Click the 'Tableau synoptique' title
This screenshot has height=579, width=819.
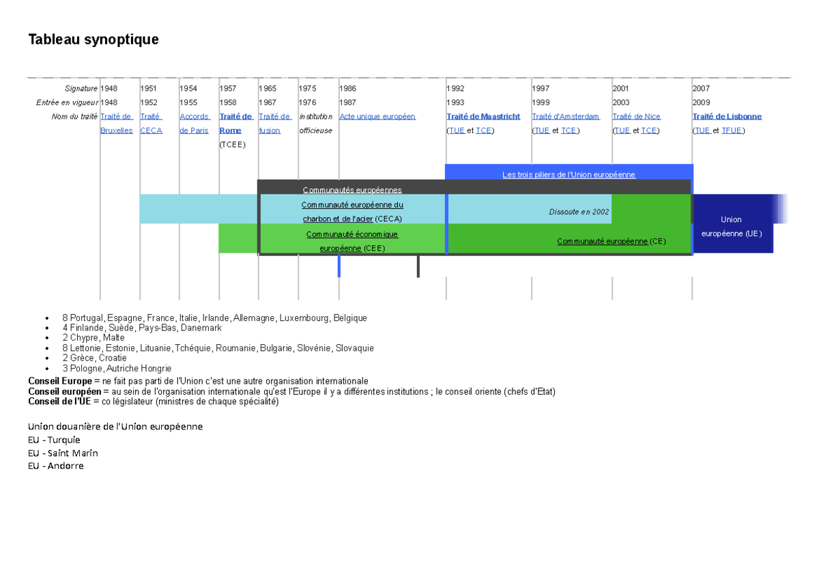coord(94,40)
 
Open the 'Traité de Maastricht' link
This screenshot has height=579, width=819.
coord(483,116)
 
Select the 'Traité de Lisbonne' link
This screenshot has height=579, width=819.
coord(727,116)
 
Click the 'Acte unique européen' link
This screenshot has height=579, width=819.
coord(377,116)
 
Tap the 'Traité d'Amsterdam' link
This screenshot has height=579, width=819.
coord(566,116)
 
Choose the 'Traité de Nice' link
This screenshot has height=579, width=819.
coord(637,116)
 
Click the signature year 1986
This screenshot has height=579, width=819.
coord(347,89)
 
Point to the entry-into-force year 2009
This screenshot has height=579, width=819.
coord(701,102)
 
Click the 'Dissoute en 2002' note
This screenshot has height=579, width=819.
coord(579,212)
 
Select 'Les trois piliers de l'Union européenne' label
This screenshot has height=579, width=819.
coord(569,175)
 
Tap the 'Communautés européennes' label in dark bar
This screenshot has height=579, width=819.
coord(352,190)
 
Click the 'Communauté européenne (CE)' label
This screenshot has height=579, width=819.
coord(612,242)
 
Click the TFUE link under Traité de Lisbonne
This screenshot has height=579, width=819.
coord(732,130)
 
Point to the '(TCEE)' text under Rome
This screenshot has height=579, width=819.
coord(233,145)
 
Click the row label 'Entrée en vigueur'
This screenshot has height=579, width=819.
coord(68,102)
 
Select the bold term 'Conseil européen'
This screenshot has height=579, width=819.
coord(65,392)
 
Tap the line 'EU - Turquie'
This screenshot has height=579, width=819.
coord(54,440)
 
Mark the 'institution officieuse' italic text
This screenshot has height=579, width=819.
coord(316,124)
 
